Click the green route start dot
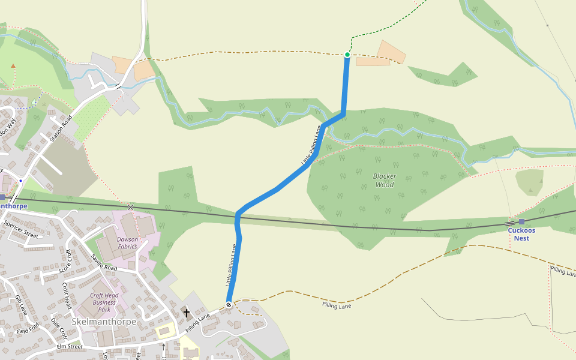point(347,55)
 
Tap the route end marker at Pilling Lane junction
point(229,305)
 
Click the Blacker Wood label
point(384,181)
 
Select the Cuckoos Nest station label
point(521,234)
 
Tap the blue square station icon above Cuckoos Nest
point(521,221)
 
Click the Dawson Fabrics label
point(127,243)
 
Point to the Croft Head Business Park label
point(104,302)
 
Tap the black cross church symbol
point(186,313)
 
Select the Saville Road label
point(104,262)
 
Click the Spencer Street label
point(21,229)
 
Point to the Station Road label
point(61,128)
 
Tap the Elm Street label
point(69,346)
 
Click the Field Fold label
point(28,329)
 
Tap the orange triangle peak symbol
point(13,66)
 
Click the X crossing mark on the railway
point(130,207)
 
